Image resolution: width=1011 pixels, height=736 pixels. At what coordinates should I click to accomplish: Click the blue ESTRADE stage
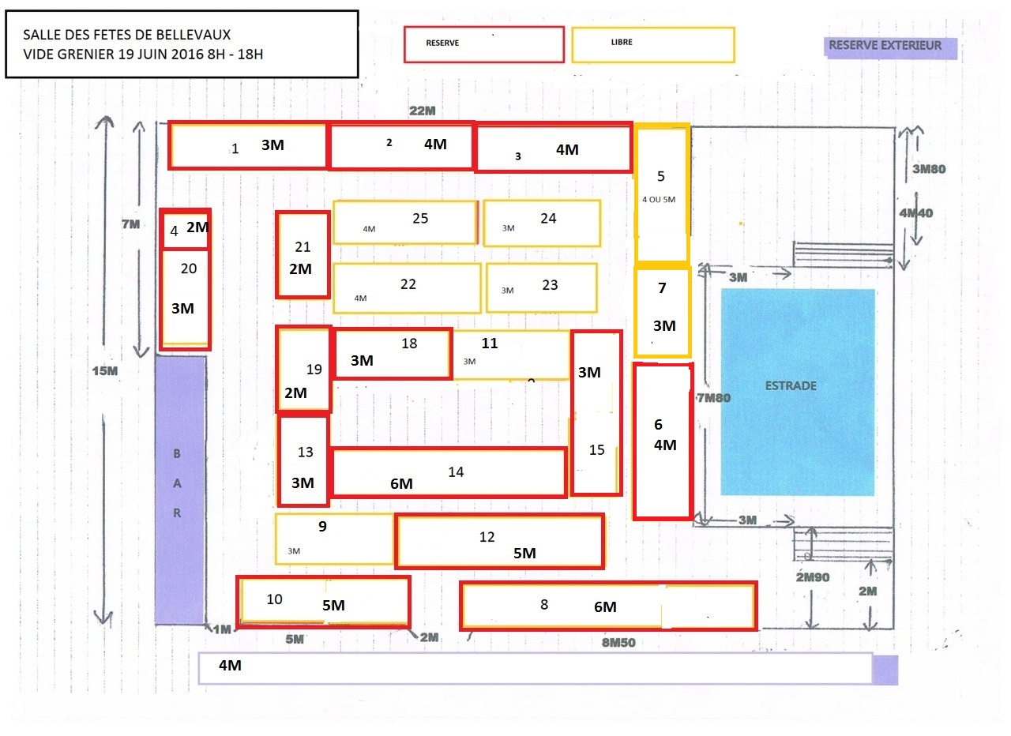coord(798,392)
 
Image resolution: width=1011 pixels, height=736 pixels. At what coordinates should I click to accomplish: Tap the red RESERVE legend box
coord(483,44)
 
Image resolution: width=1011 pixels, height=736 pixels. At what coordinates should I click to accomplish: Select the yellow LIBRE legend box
coord(653,44)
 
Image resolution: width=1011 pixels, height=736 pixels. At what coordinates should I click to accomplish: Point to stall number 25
coord(405,222)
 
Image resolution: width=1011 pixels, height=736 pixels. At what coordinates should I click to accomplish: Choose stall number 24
coord(542,223)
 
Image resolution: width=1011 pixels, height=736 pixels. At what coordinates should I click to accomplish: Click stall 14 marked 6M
coord(449,472)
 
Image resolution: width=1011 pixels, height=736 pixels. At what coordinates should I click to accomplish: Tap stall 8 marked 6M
coord(608,606)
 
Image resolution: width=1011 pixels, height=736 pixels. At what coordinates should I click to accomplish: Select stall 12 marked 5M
coord(499,540)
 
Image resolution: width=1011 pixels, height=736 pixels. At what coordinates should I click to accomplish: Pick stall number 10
coord(323,602)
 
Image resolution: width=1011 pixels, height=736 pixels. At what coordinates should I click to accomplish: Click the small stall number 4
coord(185,230)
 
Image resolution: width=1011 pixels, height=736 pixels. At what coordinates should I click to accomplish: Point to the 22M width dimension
coord(423,111)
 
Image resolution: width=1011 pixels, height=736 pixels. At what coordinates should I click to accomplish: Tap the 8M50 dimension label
coord(618,642)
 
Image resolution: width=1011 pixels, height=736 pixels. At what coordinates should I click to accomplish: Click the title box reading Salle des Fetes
coord(182,43)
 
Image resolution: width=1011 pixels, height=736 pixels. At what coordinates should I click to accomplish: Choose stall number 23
coord(541,287)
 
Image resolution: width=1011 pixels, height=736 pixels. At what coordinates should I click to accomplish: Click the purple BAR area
coord(180,490)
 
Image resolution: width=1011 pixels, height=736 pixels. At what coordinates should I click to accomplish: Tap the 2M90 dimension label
coord(813,577)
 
